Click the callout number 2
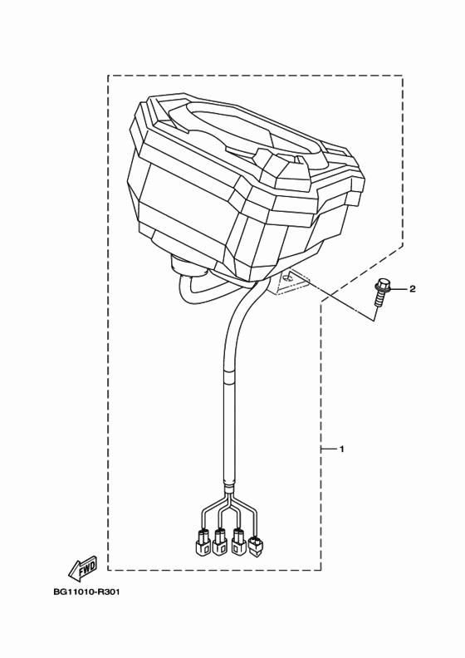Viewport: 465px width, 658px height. click(413, 289)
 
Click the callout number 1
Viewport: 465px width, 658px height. click(341, 449)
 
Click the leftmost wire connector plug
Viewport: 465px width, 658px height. click(201, 542)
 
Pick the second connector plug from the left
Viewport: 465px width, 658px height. click(220, 542)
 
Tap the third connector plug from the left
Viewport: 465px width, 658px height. click(239, 542)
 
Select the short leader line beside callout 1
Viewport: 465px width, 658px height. click(329, 449)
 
